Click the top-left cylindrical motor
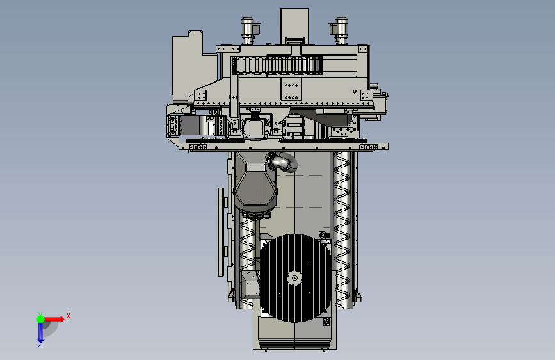coord(248,31)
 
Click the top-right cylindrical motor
coord(340,31)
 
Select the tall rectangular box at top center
coord(294,26)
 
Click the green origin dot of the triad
coord(41,319)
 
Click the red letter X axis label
coord(68,316)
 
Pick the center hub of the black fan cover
coord(294,278)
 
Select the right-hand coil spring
coord(342,229)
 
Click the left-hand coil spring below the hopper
coord(248,259)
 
